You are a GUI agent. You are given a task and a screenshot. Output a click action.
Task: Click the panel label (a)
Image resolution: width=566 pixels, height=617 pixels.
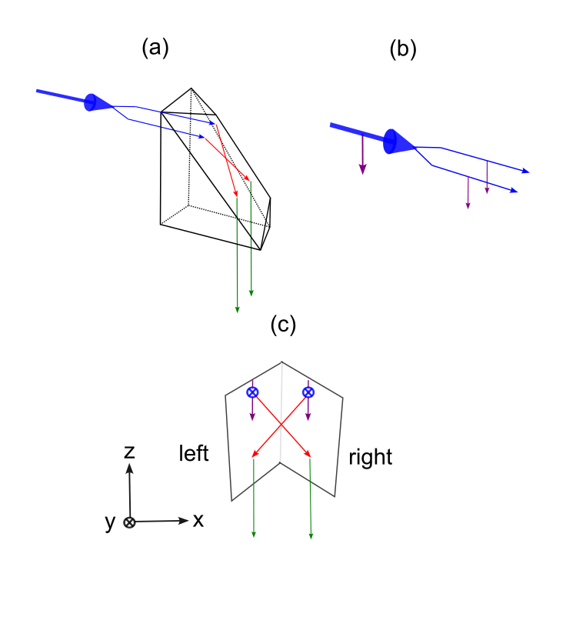point(155,48)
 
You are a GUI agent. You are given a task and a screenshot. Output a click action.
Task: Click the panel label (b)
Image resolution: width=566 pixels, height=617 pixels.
point(402,49)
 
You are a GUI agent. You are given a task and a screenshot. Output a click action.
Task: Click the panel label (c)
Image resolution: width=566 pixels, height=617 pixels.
point(283,325)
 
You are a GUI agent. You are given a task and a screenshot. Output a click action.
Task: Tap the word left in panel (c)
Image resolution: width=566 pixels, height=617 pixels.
point(193,453)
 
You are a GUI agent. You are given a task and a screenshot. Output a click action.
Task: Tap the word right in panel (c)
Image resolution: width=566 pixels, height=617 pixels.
point(370,458)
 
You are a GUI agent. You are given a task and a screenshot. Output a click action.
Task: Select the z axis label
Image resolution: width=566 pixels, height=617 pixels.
point(130,452)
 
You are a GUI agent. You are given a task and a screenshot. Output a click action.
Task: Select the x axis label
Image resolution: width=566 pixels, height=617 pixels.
point(198,520)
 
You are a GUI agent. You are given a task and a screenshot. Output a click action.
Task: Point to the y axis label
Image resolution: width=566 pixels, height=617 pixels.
point(110,522)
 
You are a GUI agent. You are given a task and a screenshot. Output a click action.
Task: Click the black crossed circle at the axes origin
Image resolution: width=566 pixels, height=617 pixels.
point(130,522)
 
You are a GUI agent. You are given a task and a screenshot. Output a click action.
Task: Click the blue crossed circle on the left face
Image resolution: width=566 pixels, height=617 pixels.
point(252,392)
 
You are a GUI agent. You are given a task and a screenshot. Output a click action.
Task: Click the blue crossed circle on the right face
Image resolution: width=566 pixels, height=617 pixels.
point(308,392)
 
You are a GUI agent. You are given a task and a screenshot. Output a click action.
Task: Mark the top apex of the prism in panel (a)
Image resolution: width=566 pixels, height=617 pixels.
point(191,88)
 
